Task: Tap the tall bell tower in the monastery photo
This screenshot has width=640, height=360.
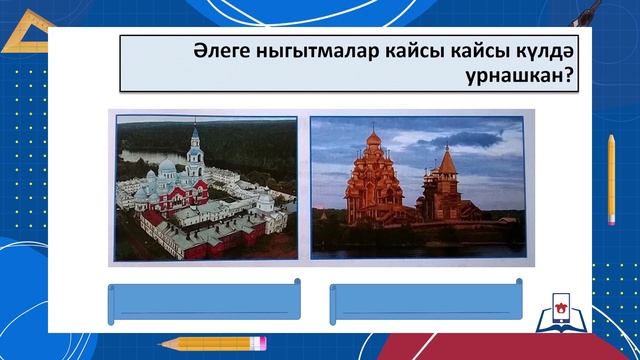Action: (195, 150)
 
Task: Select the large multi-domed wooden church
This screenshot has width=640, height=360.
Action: (379, 185)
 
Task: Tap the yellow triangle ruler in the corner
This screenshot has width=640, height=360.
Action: (25, 35)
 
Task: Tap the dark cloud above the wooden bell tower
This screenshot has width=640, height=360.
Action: (470, 135)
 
